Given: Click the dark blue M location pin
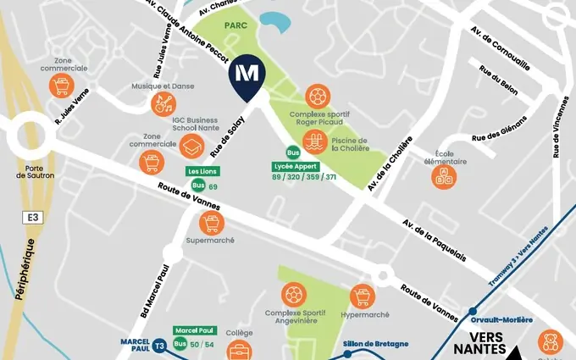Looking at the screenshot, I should pyautogui.click(x=246, y=79).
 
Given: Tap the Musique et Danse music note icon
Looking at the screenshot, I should pyautogui.click(x=161, y=104).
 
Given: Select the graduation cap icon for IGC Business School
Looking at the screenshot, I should pyautogui.click(x=194, y=145).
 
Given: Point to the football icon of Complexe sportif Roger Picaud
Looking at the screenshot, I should pyautogui.click(x=316, y=95).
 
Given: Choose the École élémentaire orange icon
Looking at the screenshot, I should pyautogui.click(x=444, y=176).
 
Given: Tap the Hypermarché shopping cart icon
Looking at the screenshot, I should pyautogui.click(x=363, y=296).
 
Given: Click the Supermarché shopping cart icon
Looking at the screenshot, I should pyautogui.click(x=210, y=224).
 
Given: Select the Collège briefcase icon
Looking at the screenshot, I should pyautogui.click(x=240, y=351).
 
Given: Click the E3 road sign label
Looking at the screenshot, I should pyautogui.click(x=33, y=219).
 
